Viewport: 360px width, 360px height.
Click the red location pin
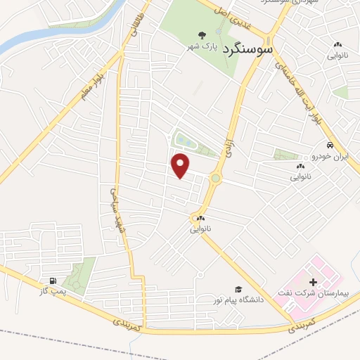point(181,165)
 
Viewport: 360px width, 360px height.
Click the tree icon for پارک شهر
point(202,35)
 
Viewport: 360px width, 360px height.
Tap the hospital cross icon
point(313,281)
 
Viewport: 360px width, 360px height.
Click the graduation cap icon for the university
point(238,289)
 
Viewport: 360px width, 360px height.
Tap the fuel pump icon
point(53,279)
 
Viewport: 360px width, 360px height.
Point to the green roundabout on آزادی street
point(214,179)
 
